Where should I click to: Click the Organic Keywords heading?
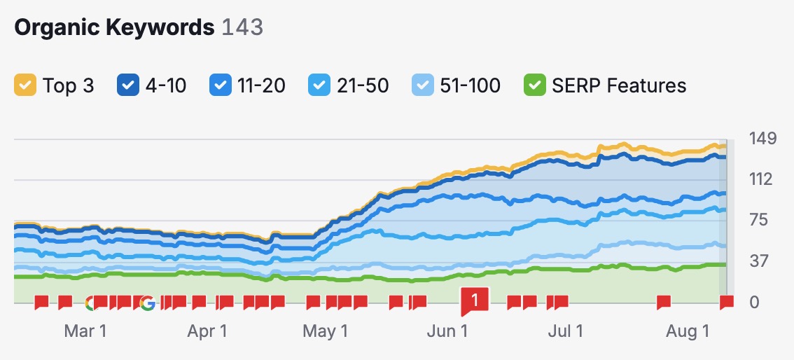click(x=114, y=27)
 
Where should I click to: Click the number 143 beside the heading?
click(x=242, y=27)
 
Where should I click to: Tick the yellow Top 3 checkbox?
click(x=25, y=85)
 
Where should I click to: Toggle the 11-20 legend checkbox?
click(x=219, y=85)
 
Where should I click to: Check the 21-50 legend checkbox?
click(x=319, y=85)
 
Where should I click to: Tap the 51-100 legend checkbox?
click(x=422, y=85)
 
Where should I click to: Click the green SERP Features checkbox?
click(x=534, y=85)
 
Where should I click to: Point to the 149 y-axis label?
click(x=762, y=138)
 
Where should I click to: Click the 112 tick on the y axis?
click(x=760, y=179)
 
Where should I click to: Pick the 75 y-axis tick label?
click(x=759, y=220)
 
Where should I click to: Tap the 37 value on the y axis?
click(x=759, y=261)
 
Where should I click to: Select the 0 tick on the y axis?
click(x=754, y=303)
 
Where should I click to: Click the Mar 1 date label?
click(x=85, y=331)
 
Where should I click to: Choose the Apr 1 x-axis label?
click(x=207, y=331)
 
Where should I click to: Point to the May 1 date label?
click(x=325, y=331)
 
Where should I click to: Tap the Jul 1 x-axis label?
click(x=565, y=331)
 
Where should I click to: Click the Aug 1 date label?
click(x=687, y=331)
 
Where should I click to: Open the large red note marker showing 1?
click(x=474, y=301)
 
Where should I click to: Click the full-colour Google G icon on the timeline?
click(x=147, y=303)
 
